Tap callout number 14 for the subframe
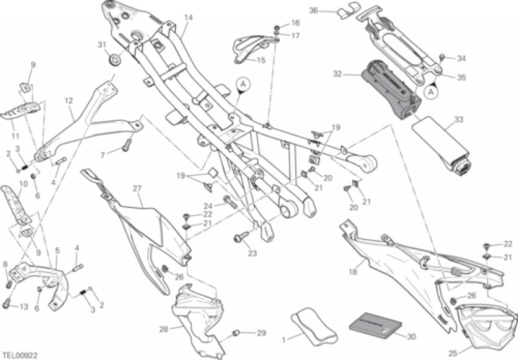pyautogui.click(x=188, y=17)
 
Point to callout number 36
pyautogui.click(x=314, y=10)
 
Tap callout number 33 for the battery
pyautogui.click(x=458, y=120)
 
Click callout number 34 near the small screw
pyautogui.click(x=461, y=59)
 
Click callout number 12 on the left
pyautogui.click(x=69, y=100)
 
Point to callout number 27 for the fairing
pyautogui.click(x=137, y=188)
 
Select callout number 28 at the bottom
pyautogui.click(x=164, y=330)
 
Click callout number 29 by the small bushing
pyautogui.click(x=261, y=333)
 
